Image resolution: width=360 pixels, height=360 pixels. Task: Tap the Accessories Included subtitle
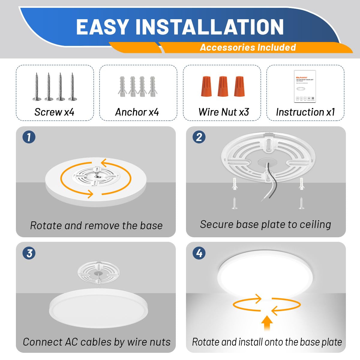(x=248, y=47)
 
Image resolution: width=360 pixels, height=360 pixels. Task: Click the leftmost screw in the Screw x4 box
(x=37, y=86)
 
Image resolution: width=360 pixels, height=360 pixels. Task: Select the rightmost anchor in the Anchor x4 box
(x=152, y=86)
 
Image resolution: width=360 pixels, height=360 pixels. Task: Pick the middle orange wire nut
(x=222, y=86)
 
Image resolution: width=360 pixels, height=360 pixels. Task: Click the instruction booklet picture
(x=305, y=86)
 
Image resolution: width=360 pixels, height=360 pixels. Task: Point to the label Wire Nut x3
(x=224, y=112)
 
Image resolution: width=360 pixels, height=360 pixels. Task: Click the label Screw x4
(x=54, y=112)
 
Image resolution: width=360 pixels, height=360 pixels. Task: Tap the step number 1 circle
(x=29, y=137)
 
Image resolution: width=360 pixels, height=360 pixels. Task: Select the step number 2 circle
(x=199, y=137)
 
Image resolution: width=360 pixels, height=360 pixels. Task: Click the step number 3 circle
(x=29, y=253)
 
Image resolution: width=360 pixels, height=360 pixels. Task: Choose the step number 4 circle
(x=199, y=253)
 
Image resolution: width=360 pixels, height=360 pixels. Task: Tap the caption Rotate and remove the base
(x=96, y=225)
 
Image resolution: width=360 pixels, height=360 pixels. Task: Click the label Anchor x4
(x=137, y=112)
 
